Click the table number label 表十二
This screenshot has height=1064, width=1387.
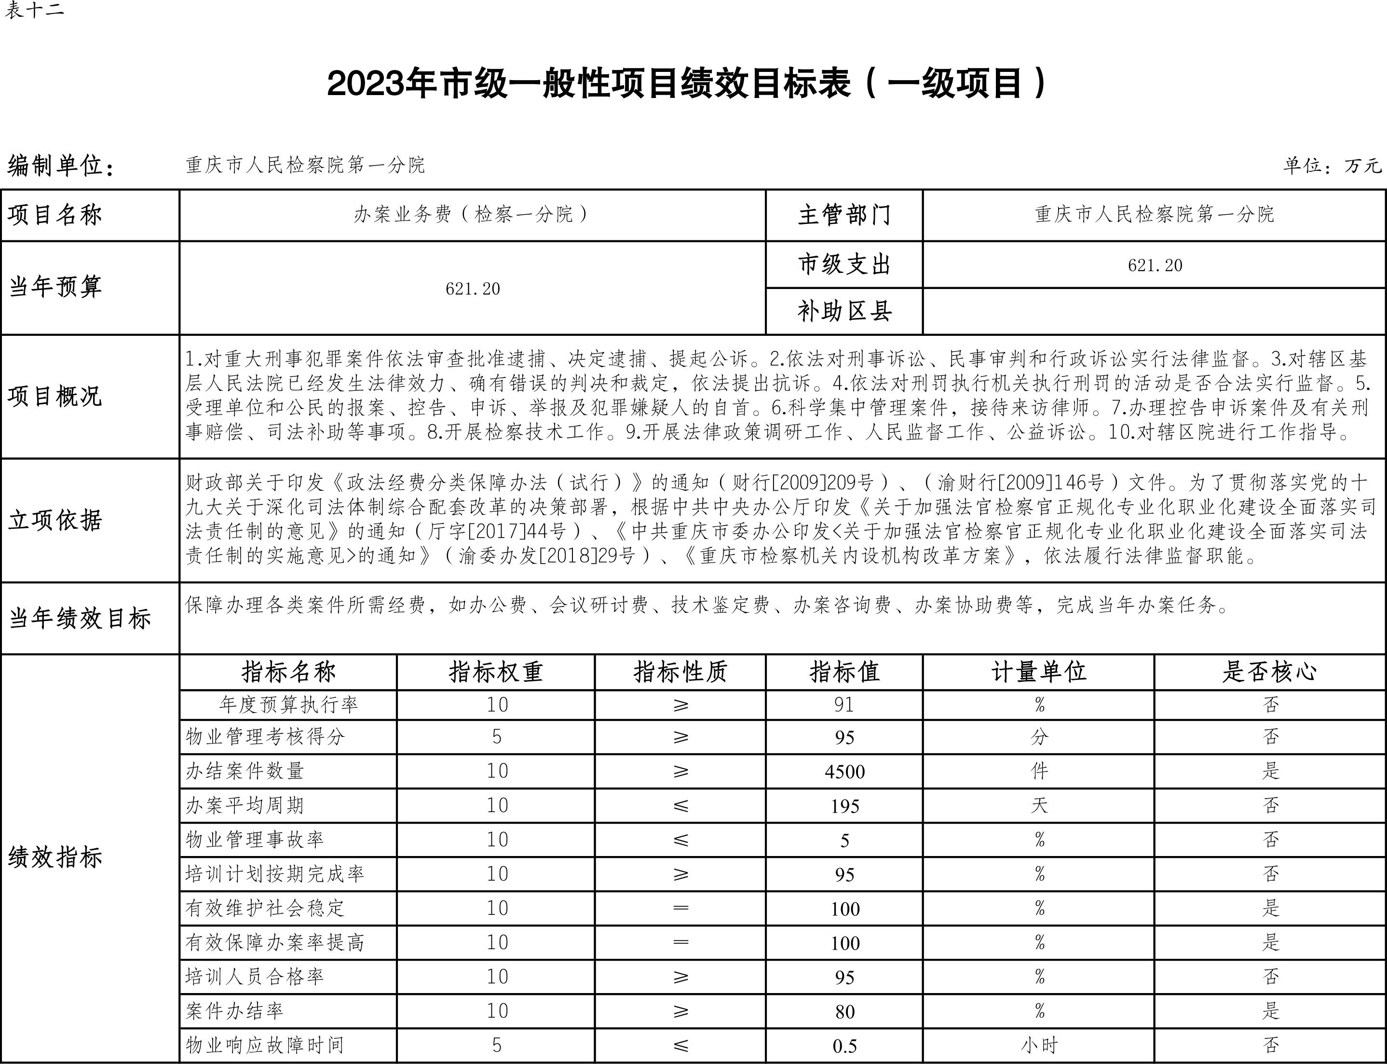coord(34,10)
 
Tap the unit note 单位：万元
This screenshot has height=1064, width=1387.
coord(1331,166)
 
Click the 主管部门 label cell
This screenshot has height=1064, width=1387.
coord(844,215)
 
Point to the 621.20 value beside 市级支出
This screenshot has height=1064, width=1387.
coord(1154,265)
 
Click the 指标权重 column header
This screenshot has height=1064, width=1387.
coord(496,672)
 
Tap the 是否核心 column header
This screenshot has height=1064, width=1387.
coord(1269,672)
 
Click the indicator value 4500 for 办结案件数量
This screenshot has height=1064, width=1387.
coord(844,772)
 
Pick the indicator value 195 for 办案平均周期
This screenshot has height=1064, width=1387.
coord(844,806)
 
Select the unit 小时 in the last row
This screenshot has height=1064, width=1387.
coord(1039,1046)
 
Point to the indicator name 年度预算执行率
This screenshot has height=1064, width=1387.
coord(289,705)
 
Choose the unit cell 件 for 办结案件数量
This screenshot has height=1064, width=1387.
coord(1039,772)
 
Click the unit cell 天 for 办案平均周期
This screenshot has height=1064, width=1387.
coord(1039,806)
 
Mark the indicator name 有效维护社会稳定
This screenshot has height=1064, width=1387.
coord(265,908)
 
